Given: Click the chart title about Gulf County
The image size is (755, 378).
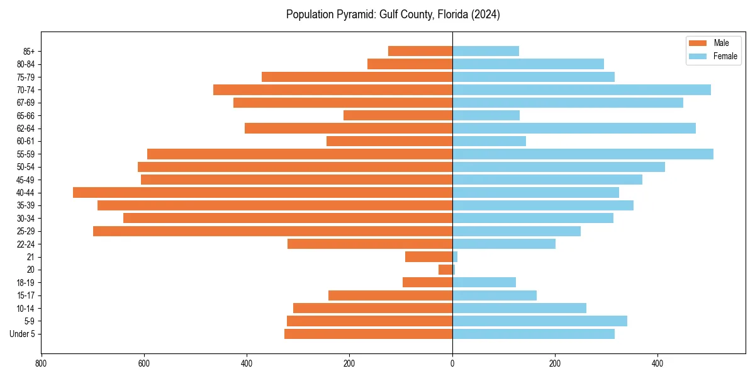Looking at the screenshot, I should [x=393, y=14].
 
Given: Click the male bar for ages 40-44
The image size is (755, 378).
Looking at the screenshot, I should [x=262, y=193].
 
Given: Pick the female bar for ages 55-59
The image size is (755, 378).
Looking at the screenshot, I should [x=583, y=154].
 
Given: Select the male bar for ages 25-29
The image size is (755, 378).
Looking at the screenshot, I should [x=272, y=231].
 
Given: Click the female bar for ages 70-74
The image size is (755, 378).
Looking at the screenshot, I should [x=581, y=89].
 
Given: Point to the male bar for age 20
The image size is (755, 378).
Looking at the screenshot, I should [x=445, y=270].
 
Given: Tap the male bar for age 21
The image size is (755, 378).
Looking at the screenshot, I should [x=428, y=257].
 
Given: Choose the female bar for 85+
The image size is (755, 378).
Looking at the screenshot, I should [x=486, y=51].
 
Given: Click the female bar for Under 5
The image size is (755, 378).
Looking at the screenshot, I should [x=534, y=334].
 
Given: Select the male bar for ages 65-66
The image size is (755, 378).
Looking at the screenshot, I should [x=398, y=115].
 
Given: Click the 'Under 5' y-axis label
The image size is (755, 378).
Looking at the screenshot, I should [x=22, y=334].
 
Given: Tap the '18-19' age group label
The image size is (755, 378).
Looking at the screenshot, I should [x=25, y=282].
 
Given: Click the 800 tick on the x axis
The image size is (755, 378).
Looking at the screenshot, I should [x=42, y=364].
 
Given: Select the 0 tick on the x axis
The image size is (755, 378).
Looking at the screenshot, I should [x=452, y=364].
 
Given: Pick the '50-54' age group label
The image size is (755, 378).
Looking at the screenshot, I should [x=25, y=167].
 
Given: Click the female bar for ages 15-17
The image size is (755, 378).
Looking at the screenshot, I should [x=495, y=295].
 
